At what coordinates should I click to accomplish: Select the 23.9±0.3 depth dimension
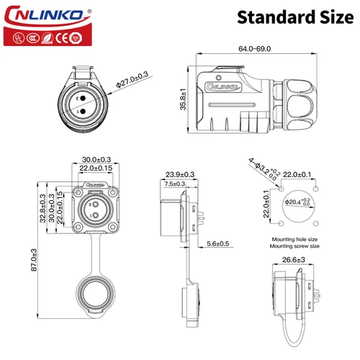click(180, 174)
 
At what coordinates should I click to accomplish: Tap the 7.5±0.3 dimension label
click(174, 184)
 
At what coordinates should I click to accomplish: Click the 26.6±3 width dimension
click(293, 260)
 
